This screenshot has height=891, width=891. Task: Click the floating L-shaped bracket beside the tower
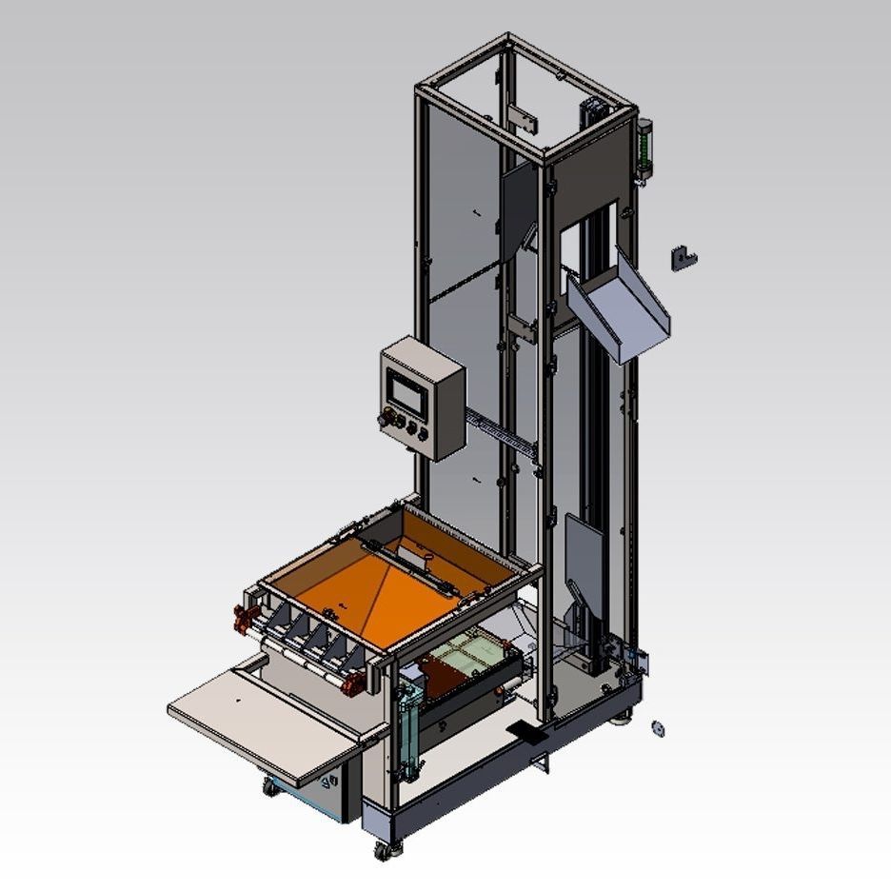[x=683, y=257]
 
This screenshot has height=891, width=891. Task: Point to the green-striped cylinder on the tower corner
[x=644, y=148]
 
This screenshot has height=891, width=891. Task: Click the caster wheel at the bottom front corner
[x=384, y=850]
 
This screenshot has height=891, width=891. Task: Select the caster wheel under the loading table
[x=271, y=786]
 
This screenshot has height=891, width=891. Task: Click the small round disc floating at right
[x=656, y=729]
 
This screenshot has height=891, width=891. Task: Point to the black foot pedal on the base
[x=524, y=733]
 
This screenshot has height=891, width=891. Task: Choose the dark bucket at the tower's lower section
[x=582, y=557]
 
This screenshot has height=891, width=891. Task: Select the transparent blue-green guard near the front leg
[x=409, y=728]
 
